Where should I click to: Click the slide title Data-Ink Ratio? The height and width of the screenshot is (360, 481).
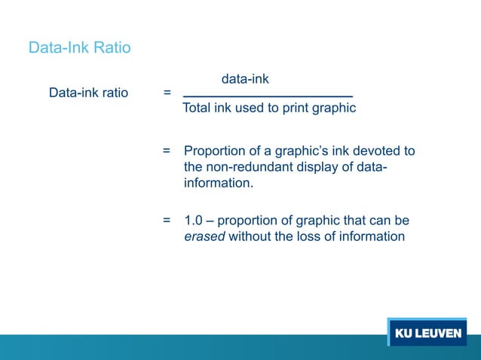[79, 48]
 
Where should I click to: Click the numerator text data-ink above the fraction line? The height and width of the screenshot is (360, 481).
[245, 78]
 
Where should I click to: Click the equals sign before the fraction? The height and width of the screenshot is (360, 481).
[167, 93]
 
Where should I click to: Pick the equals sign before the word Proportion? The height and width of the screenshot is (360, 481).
[167, 151]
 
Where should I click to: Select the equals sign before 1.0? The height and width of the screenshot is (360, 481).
[167, 221]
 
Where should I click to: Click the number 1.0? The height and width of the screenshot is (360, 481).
[194, 221]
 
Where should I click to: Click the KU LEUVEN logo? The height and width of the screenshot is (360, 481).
[427, 334]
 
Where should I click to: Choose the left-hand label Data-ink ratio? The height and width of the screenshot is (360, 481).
[88, 93]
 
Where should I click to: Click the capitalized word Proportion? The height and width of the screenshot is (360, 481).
[218, 151]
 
